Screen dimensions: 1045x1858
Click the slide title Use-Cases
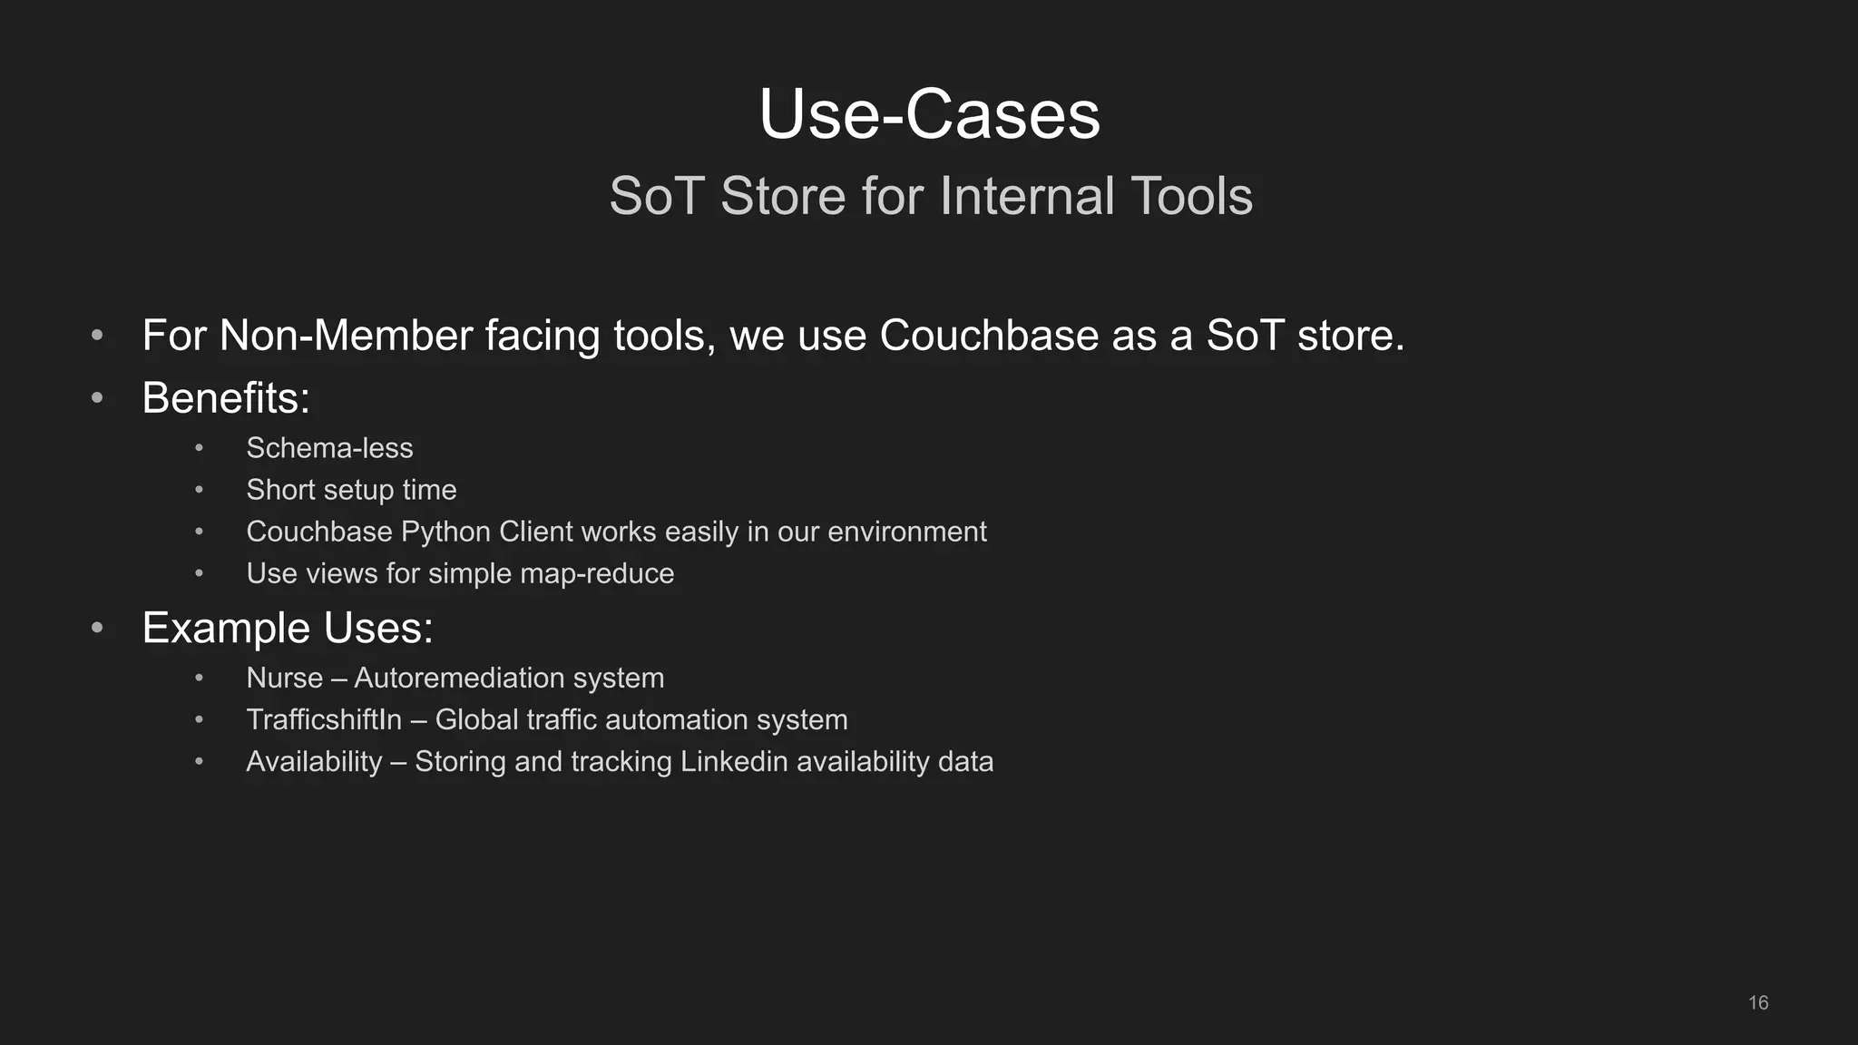tap(929, 115)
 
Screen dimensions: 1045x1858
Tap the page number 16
tap(1757, 1002)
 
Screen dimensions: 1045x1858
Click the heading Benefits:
tap(226, 398)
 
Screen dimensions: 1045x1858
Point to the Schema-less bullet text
tap(329, 448)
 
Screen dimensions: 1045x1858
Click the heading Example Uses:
tap(288, 628)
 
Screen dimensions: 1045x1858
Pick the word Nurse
tap(284, 678)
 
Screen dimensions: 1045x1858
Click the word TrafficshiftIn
tap(324, 719)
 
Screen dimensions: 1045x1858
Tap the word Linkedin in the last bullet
tap(734, 761)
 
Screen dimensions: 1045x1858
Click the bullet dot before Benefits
tap(97, 398)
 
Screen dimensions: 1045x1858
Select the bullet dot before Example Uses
tap(97, 628)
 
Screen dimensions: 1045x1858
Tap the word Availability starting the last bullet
tap(314, 761)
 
